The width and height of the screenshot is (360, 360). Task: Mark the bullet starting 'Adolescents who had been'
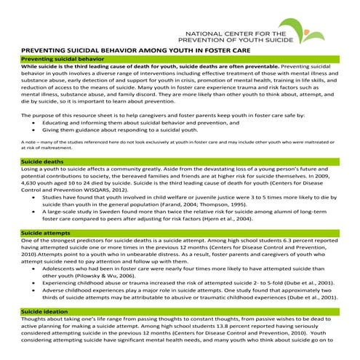[189, 269]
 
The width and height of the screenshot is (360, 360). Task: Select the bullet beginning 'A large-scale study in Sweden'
[189, 210]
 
